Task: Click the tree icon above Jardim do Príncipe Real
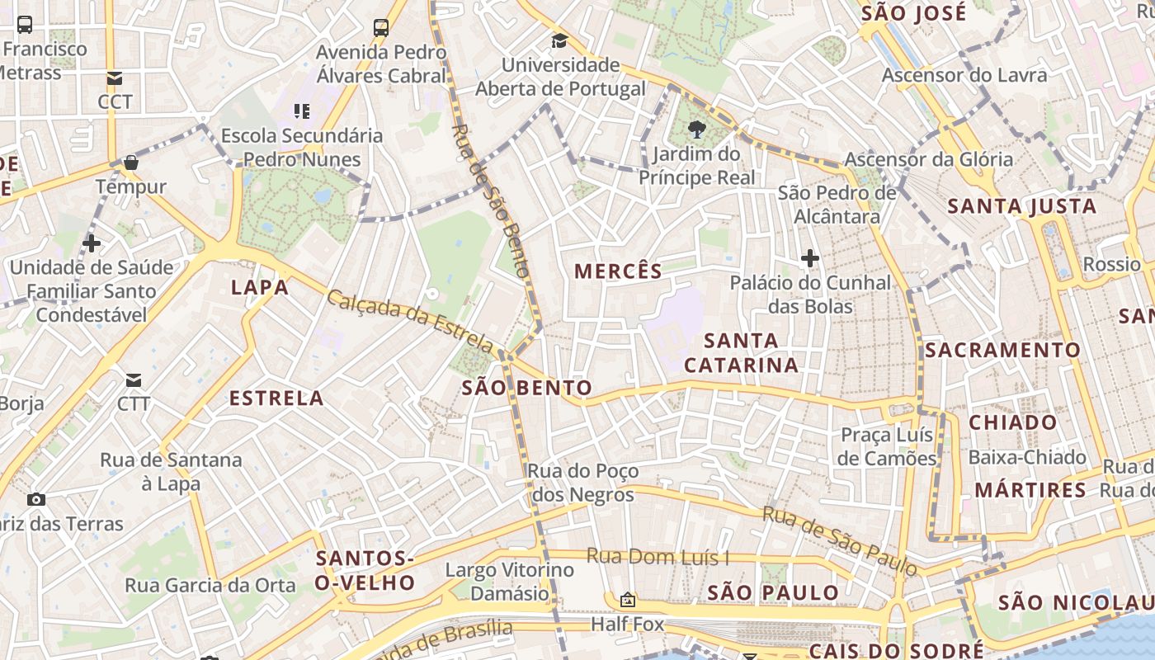pyautogui.click(x=697, y=129)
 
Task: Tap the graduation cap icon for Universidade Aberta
pyautogui.click(x=560, y=40)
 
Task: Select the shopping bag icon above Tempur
pyautogui.click(x=131, y=163)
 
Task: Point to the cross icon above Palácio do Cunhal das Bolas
pyautogui.click(x=810, y=258)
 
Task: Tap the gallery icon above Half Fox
pyautogui.click(x=628, y=600)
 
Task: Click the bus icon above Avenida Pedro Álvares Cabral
pyautogui.click(x=380, y=27)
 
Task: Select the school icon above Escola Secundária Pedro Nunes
pyautogui.click(x=302, y=111)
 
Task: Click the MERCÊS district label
pyautogui.click(x=618, y=271)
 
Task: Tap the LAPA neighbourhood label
pyautogui.click(x=260, y=287)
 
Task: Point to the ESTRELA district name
pyautogui.click(x=276, y=398)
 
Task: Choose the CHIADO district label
pyautogui.click(x=1012, y=422)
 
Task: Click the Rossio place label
pyautogui.click(x=1111, y=264)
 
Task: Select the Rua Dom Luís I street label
pyautogui.click(x=658, y=557)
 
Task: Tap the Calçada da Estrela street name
pyautogui.click(x=410, y=320)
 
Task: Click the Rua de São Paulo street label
pyautogui.click(x=839, y=541)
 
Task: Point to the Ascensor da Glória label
pyautogui.click(x=928, y=159)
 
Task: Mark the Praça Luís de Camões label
pyautogui.click(x=887, y=446)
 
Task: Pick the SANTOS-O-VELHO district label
pyautogui.click(x=365, y=571)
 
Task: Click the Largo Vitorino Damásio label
pyautogui.click(x=509, y=581)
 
